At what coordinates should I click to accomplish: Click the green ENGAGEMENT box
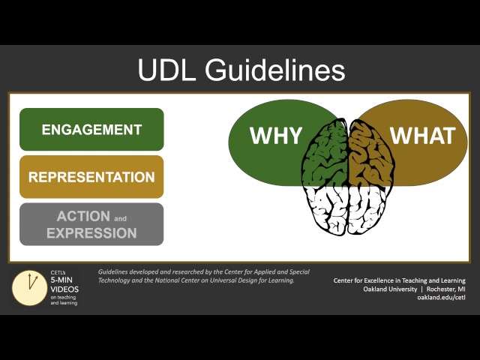point(91,129)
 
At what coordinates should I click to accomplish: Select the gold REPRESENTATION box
point(91,177)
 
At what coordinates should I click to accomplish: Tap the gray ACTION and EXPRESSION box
point(91,224)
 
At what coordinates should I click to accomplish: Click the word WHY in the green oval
point(276,136)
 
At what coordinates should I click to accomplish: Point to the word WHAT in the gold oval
point(422,136)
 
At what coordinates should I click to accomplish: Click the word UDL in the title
point(167,70)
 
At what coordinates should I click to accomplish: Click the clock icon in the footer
point(30,288)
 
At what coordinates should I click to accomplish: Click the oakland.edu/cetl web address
point(441,298)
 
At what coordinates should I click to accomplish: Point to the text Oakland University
point(390,289)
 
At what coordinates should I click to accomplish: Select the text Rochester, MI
point(445,289)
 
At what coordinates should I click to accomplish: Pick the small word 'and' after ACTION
point(120,219)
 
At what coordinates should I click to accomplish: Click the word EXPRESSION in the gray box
point(91,233)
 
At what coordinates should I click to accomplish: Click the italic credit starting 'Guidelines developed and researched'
point(203,276)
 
